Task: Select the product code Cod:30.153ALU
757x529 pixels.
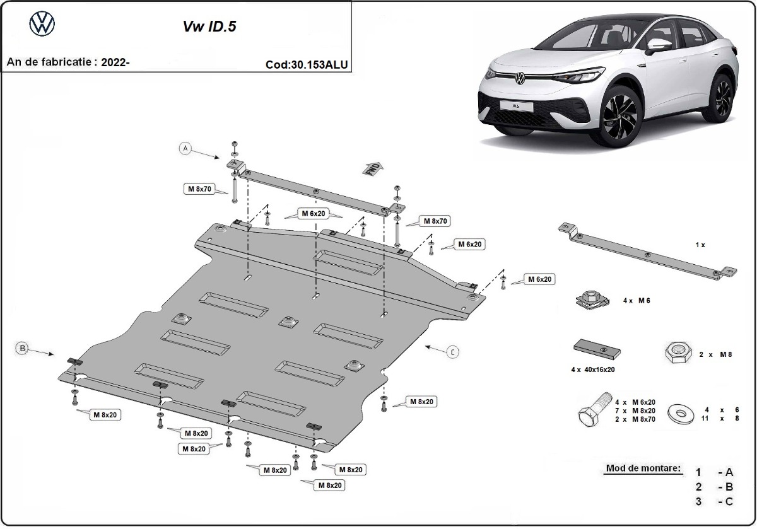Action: pos(307,64)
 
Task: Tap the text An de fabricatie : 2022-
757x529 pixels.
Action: pos(68,62)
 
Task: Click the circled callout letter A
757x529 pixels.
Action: pos(185,149)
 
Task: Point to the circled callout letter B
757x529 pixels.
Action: pos(22,347)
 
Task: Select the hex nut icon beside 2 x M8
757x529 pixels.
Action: pos(677,353)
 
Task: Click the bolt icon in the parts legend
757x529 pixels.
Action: pos(593,410)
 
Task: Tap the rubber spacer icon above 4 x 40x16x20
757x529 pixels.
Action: pos(596,349)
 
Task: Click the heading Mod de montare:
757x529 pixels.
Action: pos(643,468)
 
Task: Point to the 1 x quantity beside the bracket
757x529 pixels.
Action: pos(700,245)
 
